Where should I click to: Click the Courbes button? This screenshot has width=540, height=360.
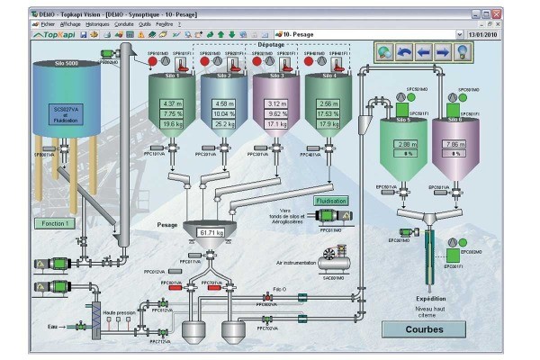click(425, 329)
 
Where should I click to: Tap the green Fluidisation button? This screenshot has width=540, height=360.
click(331, 202)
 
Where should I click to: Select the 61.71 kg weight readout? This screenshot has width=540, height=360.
click(211, 233)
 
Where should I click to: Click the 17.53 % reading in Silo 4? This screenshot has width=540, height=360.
click(328, 114)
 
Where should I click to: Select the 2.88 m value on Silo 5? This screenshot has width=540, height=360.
click(405, 144)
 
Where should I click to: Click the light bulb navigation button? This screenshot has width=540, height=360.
click(461, 53)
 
